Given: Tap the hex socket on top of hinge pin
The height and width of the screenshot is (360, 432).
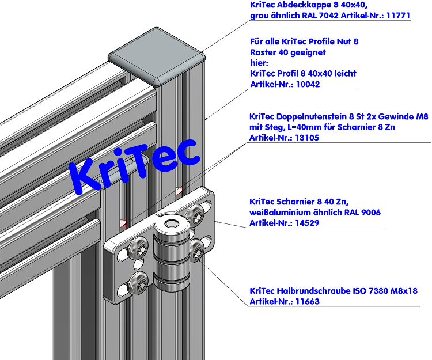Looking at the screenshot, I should click(170, 224).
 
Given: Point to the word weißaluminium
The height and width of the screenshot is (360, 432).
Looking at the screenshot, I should click(279, 213).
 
